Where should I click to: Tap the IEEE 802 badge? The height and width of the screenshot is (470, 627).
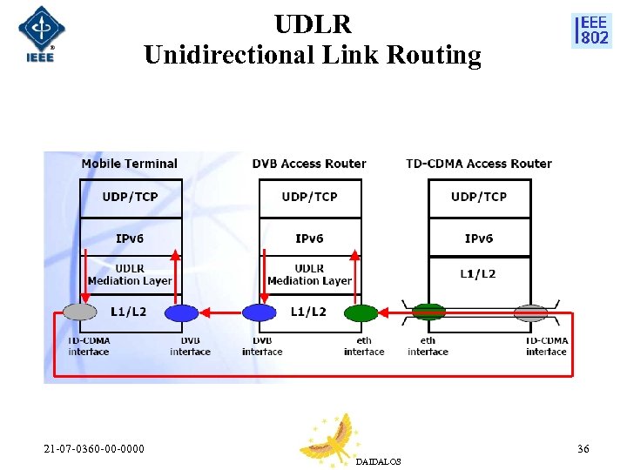[x=591, y=30]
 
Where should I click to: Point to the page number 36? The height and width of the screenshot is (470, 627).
[x=583, y=449]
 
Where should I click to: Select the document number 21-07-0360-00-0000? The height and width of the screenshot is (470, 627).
[x=94, y=449]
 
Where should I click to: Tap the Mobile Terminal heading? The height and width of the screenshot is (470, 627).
[x=129, y=164]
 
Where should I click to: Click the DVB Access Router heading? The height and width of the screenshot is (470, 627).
[x=309, y=164]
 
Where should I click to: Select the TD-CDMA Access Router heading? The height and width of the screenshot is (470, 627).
[x=479, y=164]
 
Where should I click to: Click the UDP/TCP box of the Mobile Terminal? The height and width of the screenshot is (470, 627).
[x=131, y=198]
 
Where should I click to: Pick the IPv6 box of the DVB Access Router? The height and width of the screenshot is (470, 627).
[x=309, y=238]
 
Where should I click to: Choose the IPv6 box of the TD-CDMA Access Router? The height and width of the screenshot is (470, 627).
[x=479, y=238]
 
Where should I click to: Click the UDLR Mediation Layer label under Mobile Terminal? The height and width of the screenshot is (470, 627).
[x=130, y=275]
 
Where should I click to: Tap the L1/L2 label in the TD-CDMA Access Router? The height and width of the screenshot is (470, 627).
[x=478, y=274]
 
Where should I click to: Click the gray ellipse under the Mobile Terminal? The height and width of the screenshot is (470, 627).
[x=80, y=312]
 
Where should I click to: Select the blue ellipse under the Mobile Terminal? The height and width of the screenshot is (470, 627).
[x=182, y=312]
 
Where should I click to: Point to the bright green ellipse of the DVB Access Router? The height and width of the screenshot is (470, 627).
[x=361, y=312]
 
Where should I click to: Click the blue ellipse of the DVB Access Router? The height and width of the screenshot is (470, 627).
[x=259, y=312]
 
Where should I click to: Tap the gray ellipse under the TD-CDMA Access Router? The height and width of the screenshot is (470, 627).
[x=530, y=312]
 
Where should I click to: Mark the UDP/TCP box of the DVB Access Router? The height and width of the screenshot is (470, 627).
[x=309, y=198]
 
